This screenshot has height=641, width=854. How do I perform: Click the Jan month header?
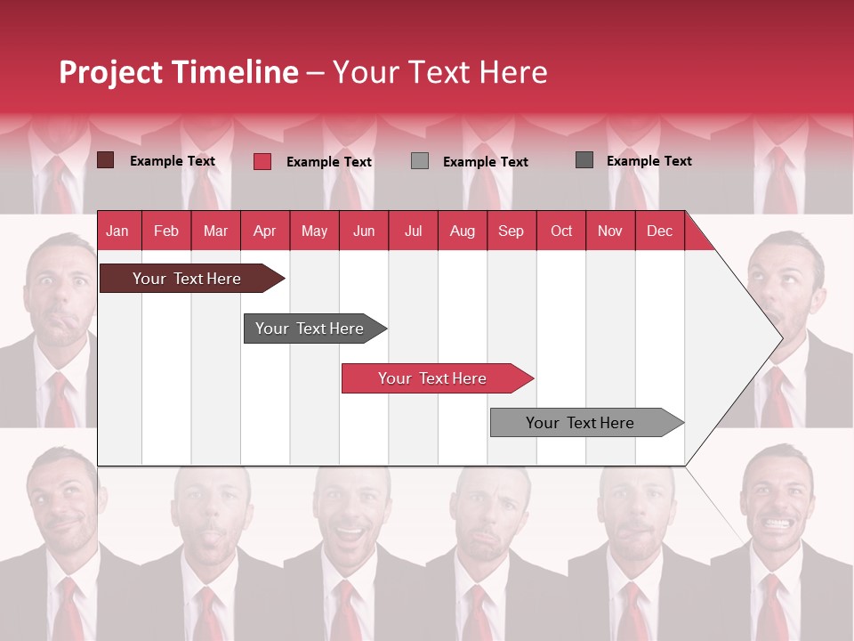coord(117,231)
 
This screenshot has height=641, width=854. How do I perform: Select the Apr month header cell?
coord(264,231)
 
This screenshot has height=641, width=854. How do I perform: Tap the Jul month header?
coord(413,231)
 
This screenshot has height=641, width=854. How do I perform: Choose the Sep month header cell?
coord(511,231)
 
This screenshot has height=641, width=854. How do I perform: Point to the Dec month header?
coord(659,231)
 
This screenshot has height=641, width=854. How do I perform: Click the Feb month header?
coord(166,231)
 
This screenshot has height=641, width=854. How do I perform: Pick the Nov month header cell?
coord(609,231)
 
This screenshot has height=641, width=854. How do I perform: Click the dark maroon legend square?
coord(105,160)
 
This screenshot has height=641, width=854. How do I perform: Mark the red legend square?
coord(262,161)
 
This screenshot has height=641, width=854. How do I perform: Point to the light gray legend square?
coord(420,160)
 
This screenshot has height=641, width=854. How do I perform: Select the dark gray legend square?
coord(584,160)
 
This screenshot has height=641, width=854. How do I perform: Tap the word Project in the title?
coord(110,72)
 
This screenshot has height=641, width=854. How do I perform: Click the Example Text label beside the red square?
coord(328,162)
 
